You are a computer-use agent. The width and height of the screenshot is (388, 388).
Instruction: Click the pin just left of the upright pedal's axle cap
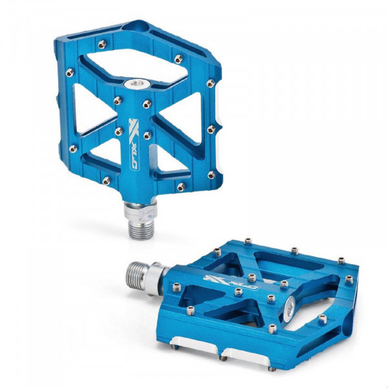point(117,100)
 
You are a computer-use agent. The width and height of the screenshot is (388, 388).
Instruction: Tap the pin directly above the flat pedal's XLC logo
point(217,252)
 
